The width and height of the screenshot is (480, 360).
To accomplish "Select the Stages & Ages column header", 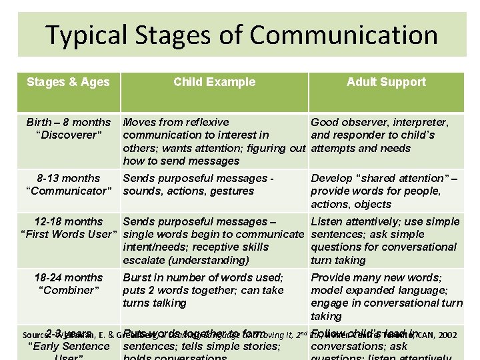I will [68, 82].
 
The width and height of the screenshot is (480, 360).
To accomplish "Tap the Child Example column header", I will [214, 82].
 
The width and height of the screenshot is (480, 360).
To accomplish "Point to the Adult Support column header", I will [386, 82].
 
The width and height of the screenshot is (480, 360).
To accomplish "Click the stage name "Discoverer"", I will [68, 135].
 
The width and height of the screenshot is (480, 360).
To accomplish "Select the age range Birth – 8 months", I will [68, 122].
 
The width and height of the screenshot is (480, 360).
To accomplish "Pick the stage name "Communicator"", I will [68, 191].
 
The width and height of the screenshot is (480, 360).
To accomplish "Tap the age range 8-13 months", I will [68, 178].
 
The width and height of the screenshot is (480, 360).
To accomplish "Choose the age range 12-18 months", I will [68, 221].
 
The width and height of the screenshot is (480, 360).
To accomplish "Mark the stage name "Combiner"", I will [68, 290].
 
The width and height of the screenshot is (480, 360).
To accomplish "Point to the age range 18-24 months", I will [68, 277].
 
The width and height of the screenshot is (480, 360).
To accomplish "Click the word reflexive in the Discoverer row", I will [204, 122].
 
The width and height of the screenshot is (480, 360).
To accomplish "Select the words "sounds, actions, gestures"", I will [189, 191].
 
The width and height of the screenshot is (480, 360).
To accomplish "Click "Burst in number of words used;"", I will [203, 277].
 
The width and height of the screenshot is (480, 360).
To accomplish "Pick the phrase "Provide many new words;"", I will [375, 277].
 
